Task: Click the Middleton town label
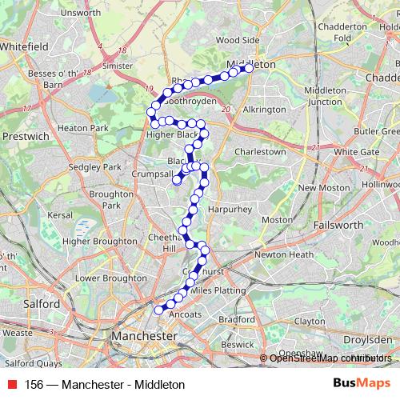251,63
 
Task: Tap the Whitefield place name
24,47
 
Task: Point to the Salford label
41,305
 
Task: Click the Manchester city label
145,337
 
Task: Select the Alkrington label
263,110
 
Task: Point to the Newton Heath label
284,254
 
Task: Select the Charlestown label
260,151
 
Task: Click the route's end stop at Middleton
249,69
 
